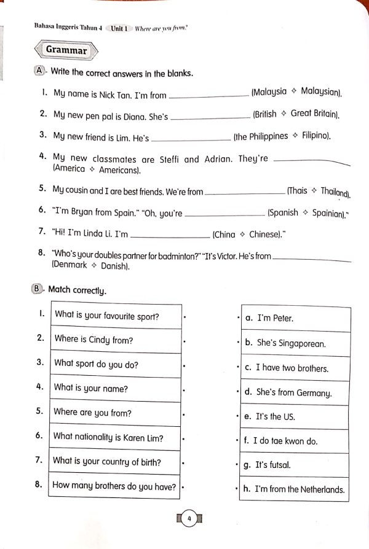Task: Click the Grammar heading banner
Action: click(66, 50)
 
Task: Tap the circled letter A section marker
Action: click(39, 71)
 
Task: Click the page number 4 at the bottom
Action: click(189, 520)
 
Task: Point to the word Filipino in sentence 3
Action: click(316, 136)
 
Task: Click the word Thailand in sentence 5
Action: click(335, 192)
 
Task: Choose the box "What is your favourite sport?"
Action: click(115, 317)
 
